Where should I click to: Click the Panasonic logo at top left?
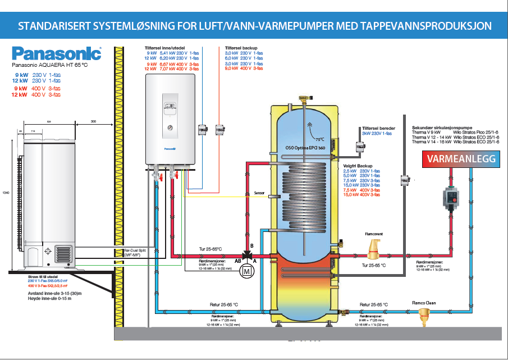[56, 54]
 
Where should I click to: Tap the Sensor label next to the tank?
[259, 192]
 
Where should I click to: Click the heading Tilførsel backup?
[241, 48]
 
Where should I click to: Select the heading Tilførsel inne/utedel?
[167, 48]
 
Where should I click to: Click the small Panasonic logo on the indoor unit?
[171, 149]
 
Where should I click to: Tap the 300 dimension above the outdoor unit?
[93, 121]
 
